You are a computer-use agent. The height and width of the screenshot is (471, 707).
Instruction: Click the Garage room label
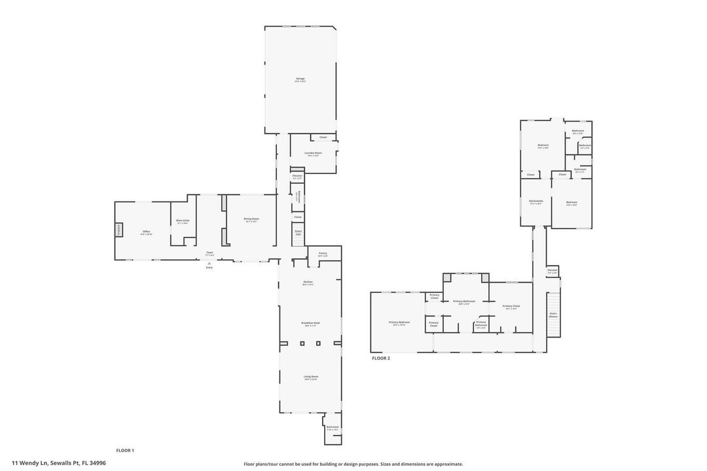coord(300,79)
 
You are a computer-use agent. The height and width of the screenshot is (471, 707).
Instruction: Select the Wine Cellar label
coord(182,220)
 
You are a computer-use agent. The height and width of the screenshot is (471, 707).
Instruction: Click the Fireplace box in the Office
coord(119,230)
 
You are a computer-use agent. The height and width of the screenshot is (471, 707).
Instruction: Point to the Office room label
coord(147,232)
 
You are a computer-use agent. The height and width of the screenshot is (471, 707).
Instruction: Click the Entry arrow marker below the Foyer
coord(209,263)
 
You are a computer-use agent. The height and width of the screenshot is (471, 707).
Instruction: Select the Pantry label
coord(323,254)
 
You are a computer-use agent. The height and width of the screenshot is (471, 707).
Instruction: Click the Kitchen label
coord(308,283)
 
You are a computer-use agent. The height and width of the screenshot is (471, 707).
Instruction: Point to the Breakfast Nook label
coord(310,323)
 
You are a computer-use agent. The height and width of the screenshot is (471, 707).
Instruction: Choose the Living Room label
coord(310,377)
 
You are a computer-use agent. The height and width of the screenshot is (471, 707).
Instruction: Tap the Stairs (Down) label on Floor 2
coord(553,314)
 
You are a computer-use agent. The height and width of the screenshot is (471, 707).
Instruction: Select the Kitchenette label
coord(536,201)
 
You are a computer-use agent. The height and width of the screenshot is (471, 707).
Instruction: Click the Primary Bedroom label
coord(399,323)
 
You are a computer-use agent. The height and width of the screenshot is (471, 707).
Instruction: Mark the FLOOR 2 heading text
coord(381,358)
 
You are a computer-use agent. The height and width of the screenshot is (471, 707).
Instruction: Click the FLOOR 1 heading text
coord(125,450)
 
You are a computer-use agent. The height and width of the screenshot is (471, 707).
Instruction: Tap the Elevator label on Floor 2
coord(553,270)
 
